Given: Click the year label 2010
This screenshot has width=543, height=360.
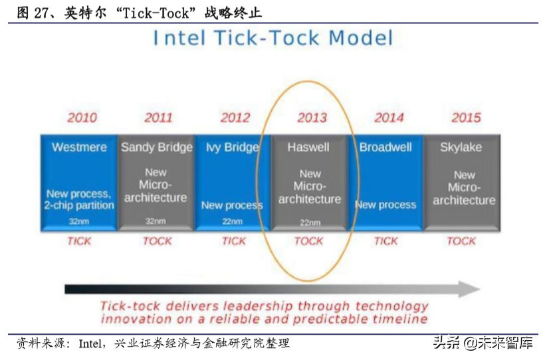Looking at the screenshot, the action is pyautogui.click(x=82, y=118).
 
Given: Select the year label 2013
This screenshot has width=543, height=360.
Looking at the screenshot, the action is pyautogui.click(x=312, y=118).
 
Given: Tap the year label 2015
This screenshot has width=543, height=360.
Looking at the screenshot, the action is pyautogui.click(x=466, y=118).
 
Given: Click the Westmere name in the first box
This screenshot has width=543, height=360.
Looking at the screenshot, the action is pyautogui.click(x=79, y=147).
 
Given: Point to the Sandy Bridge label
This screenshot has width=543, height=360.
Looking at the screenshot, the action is pyautogui.click(x=157, y=147).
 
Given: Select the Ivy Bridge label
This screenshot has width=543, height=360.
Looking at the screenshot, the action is pyautogui.click(x=233, y=147).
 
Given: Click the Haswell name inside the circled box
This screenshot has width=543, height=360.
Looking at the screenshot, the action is pyautogui.click(x=308, y=147).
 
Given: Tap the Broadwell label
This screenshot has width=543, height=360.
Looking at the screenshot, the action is pyautogui.click(x=385, y=147).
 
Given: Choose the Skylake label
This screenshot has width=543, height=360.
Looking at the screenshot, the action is pyautogui.click(x=461, y=147).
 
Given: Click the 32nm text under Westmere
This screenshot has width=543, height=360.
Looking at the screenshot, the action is pyautogui.click(x=79, y=221).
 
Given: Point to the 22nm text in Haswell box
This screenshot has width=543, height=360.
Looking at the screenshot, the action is pyautogui.click(x=310, y=223).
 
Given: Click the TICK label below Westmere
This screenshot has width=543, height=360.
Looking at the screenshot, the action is pyautogui.click(x=79, y=241).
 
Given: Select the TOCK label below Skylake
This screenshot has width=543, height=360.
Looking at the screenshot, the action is pyautogui.click(x=461, y=241).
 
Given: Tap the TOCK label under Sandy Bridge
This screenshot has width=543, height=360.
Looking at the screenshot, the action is pyautogui.click(x=158, y=241).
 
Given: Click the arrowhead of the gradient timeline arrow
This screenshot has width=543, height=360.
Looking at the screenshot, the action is pyautogui.click(x=470, y=289).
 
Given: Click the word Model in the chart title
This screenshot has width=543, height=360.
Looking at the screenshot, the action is pyautogui.click(x=361, y=38).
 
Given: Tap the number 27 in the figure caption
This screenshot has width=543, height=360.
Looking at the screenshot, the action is pyautogui.click(x=41, y=13).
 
